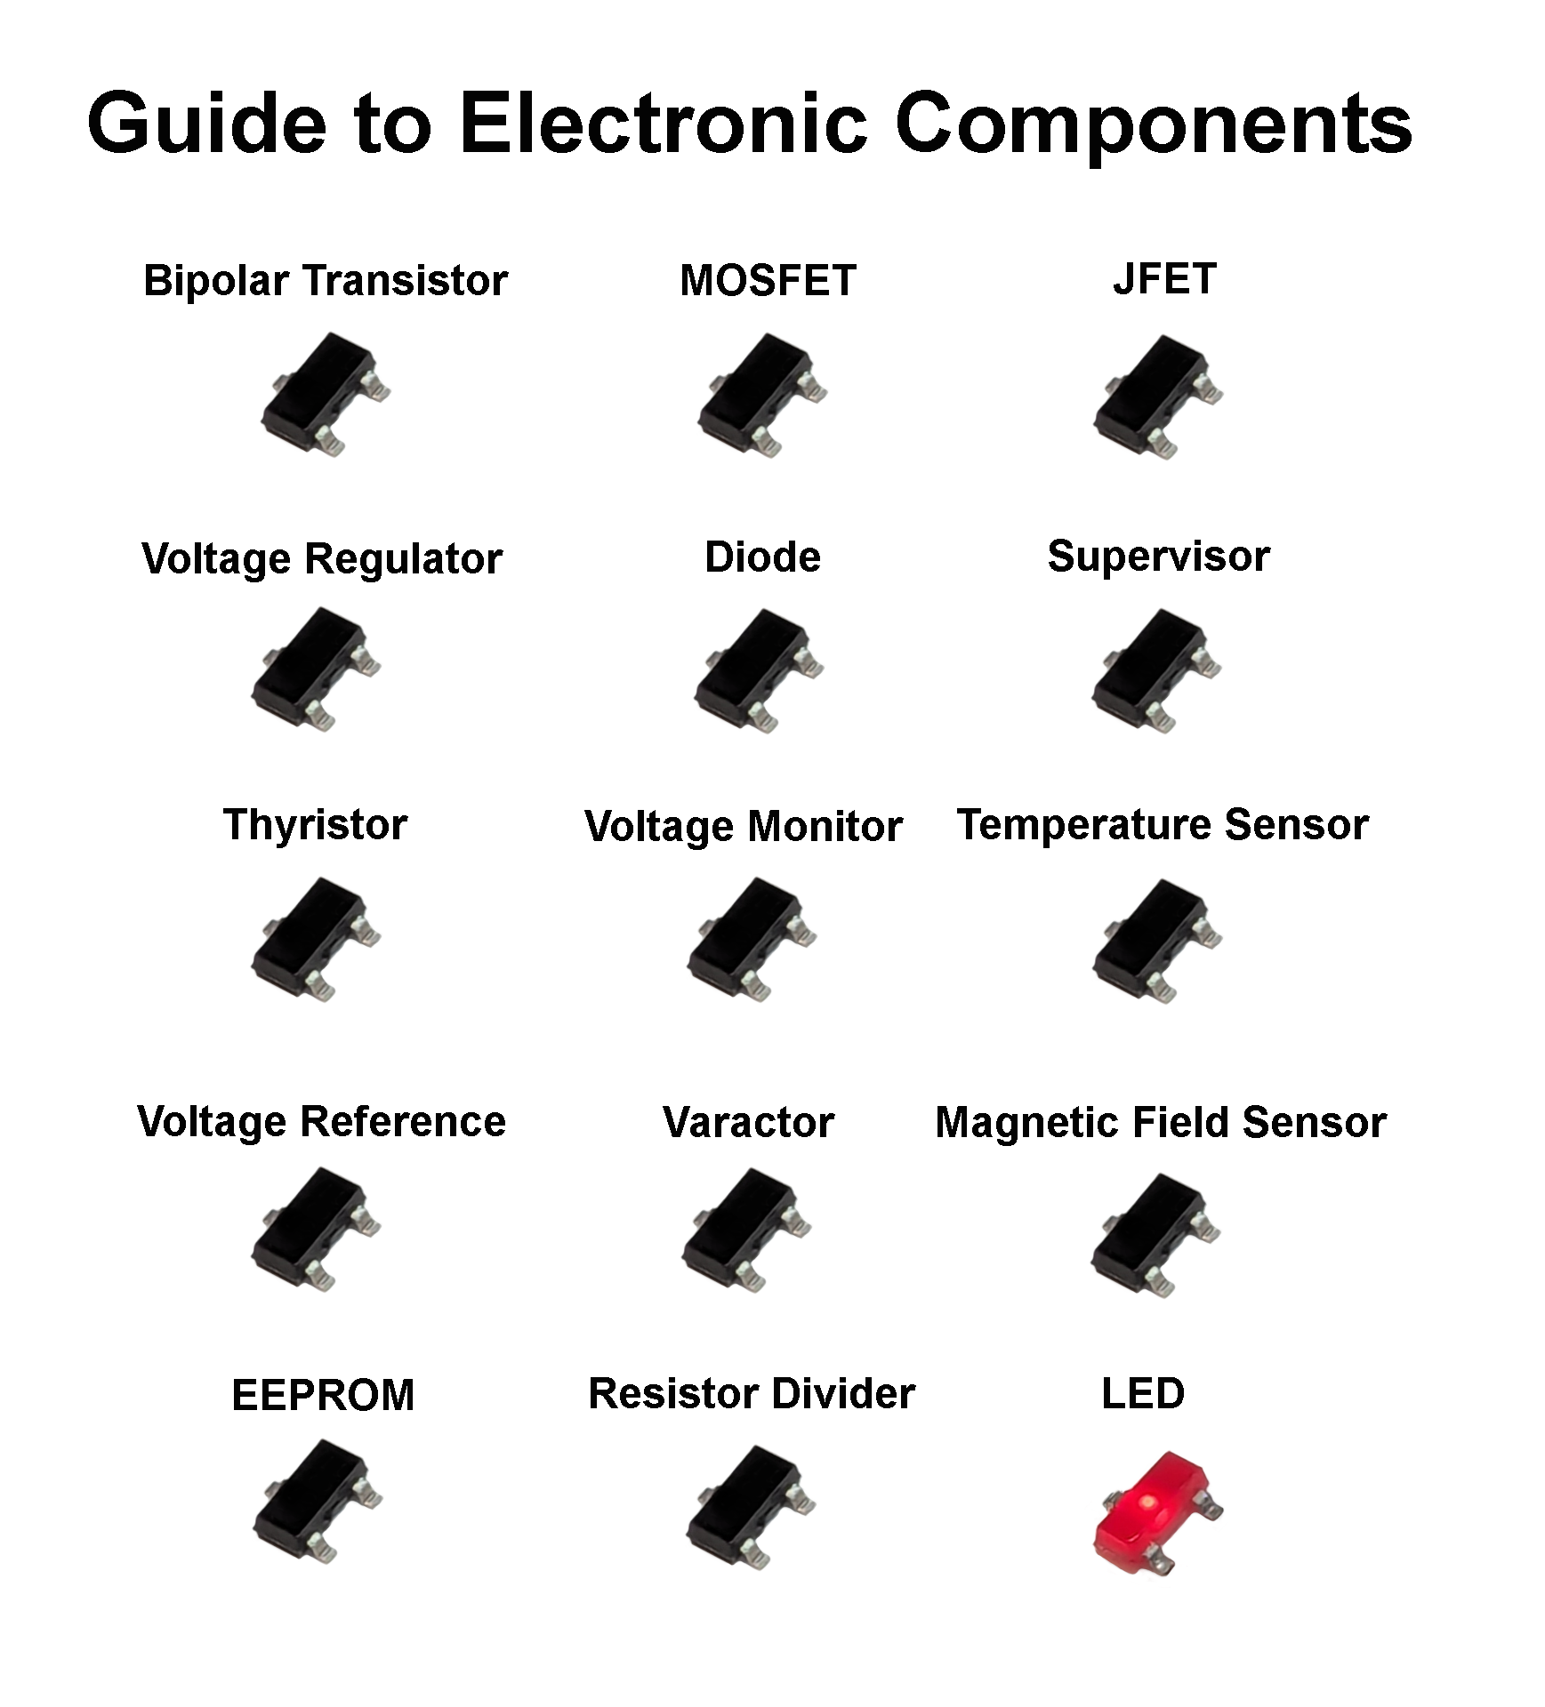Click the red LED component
1154,1514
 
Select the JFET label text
1163,279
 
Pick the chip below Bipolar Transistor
323,392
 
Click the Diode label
762,557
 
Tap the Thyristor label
315,824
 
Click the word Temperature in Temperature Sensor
1084,824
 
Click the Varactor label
748,1122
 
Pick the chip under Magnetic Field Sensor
1154,1234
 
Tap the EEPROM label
323,1395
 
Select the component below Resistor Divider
750,1506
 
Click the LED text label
1142,1393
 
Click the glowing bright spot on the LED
1147,1502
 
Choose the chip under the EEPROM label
316,1501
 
